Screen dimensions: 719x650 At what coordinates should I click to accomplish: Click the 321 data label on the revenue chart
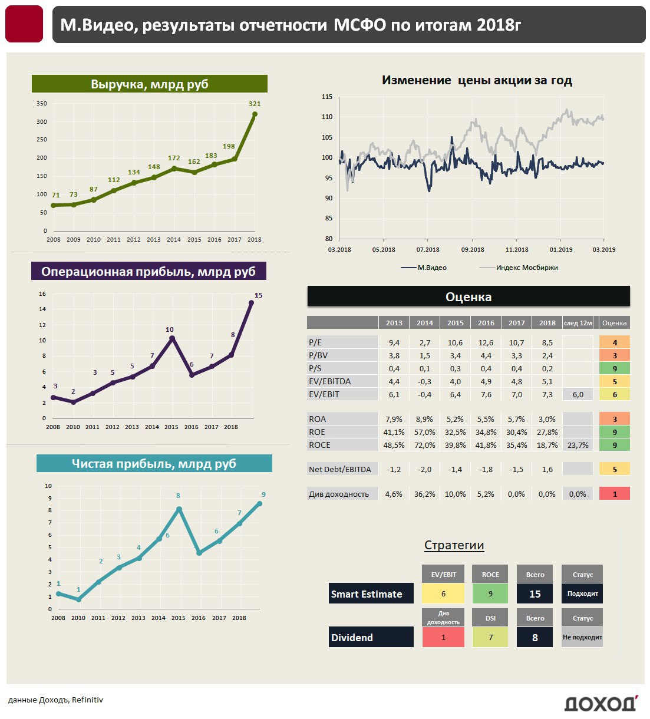255,104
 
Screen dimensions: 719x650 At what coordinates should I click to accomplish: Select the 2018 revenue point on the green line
255,114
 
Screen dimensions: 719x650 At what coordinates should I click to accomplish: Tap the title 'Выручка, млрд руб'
150,84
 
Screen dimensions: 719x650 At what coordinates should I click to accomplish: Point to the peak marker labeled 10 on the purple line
171,338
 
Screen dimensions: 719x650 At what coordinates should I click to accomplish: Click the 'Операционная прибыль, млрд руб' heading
149,272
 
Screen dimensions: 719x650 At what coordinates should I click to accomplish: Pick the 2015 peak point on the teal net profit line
179,509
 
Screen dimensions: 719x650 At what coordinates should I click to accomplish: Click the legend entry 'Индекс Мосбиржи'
526,268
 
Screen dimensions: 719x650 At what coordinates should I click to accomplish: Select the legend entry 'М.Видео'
432,268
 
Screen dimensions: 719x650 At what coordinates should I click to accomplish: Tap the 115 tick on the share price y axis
327,97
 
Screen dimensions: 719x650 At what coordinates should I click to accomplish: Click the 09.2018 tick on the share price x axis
473,250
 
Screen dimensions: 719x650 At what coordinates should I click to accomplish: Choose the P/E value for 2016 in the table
486,342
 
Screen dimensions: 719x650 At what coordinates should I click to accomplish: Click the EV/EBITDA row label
330,381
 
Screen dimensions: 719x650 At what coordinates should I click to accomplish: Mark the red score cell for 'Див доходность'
615,494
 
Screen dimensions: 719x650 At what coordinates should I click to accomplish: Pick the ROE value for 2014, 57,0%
425,432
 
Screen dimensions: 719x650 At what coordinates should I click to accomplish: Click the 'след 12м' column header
578,323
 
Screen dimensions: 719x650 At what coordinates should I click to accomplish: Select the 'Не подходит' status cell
582,637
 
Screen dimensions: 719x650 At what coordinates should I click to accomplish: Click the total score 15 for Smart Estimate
534,594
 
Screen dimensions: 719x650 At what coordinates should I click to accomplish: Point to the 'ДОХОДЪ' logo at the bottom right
600,704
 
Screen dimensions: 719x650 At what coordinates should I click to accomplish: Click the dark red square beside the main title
24,24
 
